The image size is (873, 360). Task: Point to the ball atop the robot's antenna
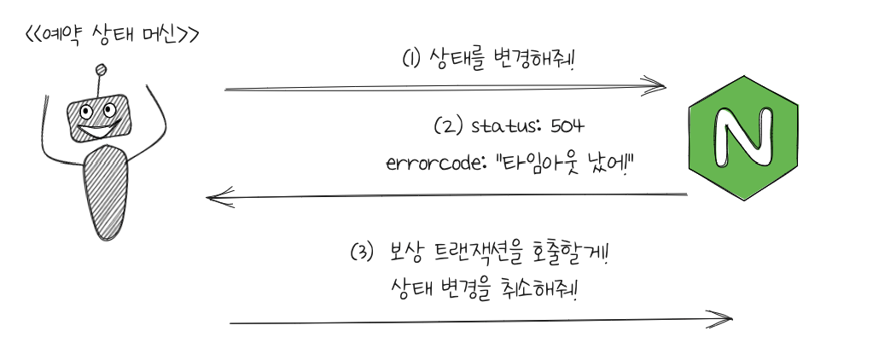click(102, 70)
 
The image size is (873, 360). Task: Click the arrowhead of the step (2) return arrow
click(215, 198)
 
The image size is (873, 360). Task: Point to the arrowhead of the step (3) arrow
click(725, 319)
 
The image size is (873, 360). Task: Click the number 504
click(566, 126)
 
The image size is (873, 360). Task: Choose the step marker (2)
click(449, 127)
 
